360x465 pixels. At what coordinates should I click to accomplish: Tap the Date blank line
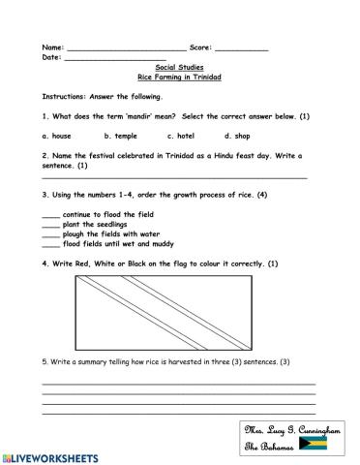coord(114,58)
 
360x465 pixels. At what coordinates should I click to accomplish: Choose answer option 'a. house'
coord(57,137)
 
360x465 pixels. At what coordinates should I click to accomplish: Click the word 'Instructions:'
coord(64,97)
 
